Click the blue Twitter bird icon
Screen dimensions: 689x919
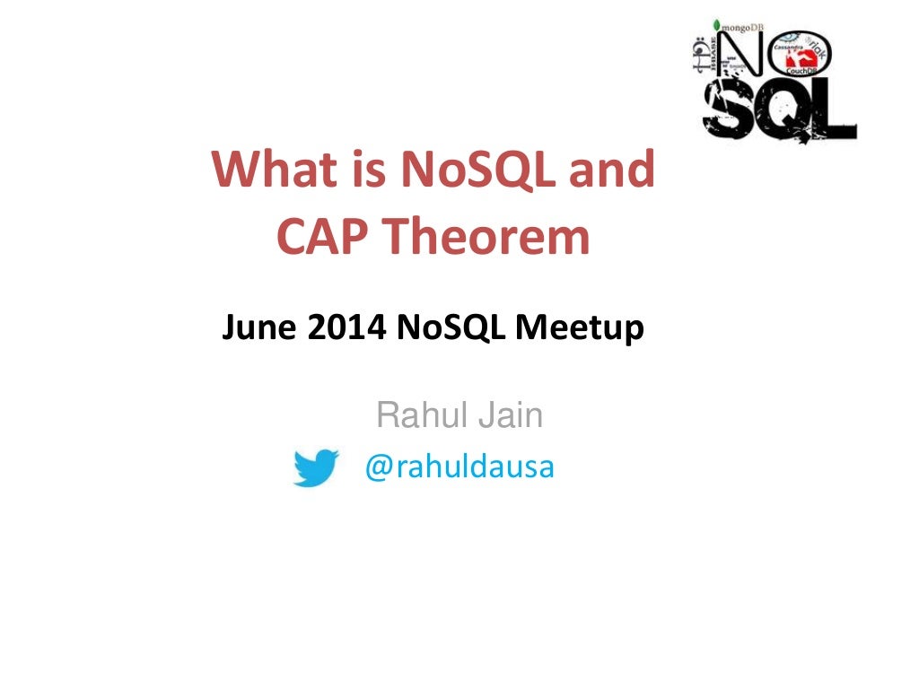[315, 467]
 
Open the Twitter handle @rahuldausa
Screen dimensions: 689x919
[459, 467]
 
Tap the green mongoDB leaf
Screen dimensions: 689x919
[716, 26]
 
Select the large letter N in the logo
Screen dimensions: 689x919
[739, 58]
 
